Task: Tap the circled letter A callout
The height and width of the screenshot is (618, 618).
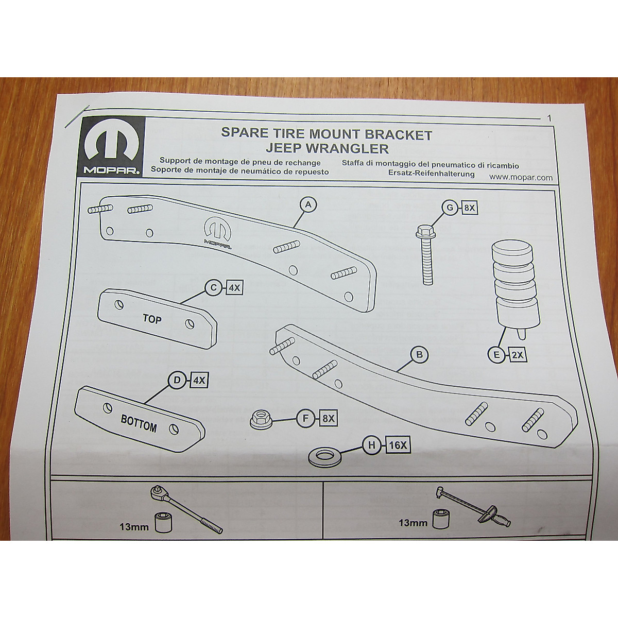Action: pos(307,205)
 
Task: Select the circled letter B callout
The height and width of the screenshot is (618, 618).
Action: pos(419,354)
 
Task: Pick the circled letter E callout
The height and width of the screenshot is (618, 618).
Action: pos(496,354)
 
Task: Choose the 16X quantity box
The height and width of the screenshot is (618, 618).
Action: pos(396,445)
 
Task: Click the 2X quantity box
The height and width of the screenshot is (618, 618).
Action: pos(517,354)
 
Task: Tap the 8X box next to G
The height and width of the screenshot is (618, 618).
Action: pos(470,208)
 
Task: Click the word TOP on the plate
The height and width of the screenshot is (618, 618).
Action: pos(152,319)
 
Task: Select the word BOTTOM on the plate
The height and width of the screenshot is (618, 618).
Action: pos(139,423)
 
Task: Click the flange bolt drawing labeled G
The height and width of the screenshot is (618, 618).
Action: pos(425,255)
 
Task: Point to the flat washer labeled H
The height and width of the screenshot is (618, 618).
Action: pos(322,457)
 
